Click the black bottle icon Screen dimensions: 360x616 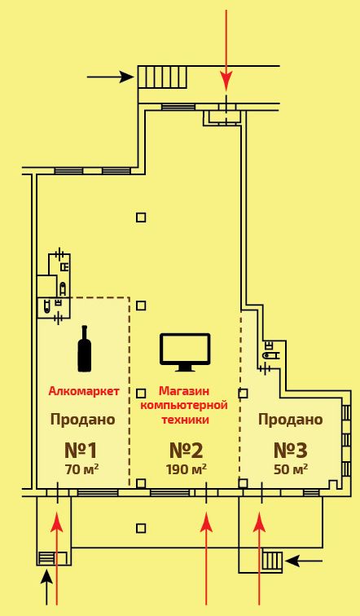pyautogui.click(x=85, y=349)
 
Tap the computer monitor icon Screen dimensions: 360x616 pyautogui.click(x=185, y=352)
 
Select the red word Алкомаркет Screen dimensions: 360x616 pyautogui.click(x=84, y=391)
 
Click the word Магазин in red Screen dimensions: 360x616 pyautogui.click(x=184, y=391)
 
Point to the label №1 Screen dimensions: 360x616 pyautogui.click(x=81, y=451)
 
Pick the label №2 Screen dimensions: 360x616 pyautogui.click(x=186, y=451)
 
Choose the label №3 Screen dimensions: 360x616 pyautogui.click(x=291, y=451)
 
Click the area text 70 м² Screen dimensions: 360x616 pyautogui.click(x=82, y=469)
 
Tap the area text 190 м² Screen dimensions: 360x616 pyautogui.click(x=187, y=469)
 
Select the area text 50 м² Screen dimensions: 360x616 pyautogui.click(x=291, y=469)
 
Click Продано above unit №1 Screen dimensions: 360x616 pyautogui.click(x=83, y=420)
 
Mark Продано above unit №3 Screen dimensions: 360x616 pyautogui.click(x=291, y=420)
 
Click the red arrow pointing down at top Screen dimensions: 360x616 pyautogui.click(x=226, y=51)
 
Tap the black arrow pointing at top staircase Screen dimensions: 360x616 pyautogui.click(x=111, y=77)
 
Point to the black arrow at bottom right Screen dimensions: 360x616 pyautogui.click(x=304, y=561)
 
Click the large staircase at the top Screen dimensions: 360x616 pyautogui.click(x=162, y=77)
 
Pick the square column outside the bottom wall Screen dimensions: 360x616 pyautogui.click(x=141, y=528)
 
